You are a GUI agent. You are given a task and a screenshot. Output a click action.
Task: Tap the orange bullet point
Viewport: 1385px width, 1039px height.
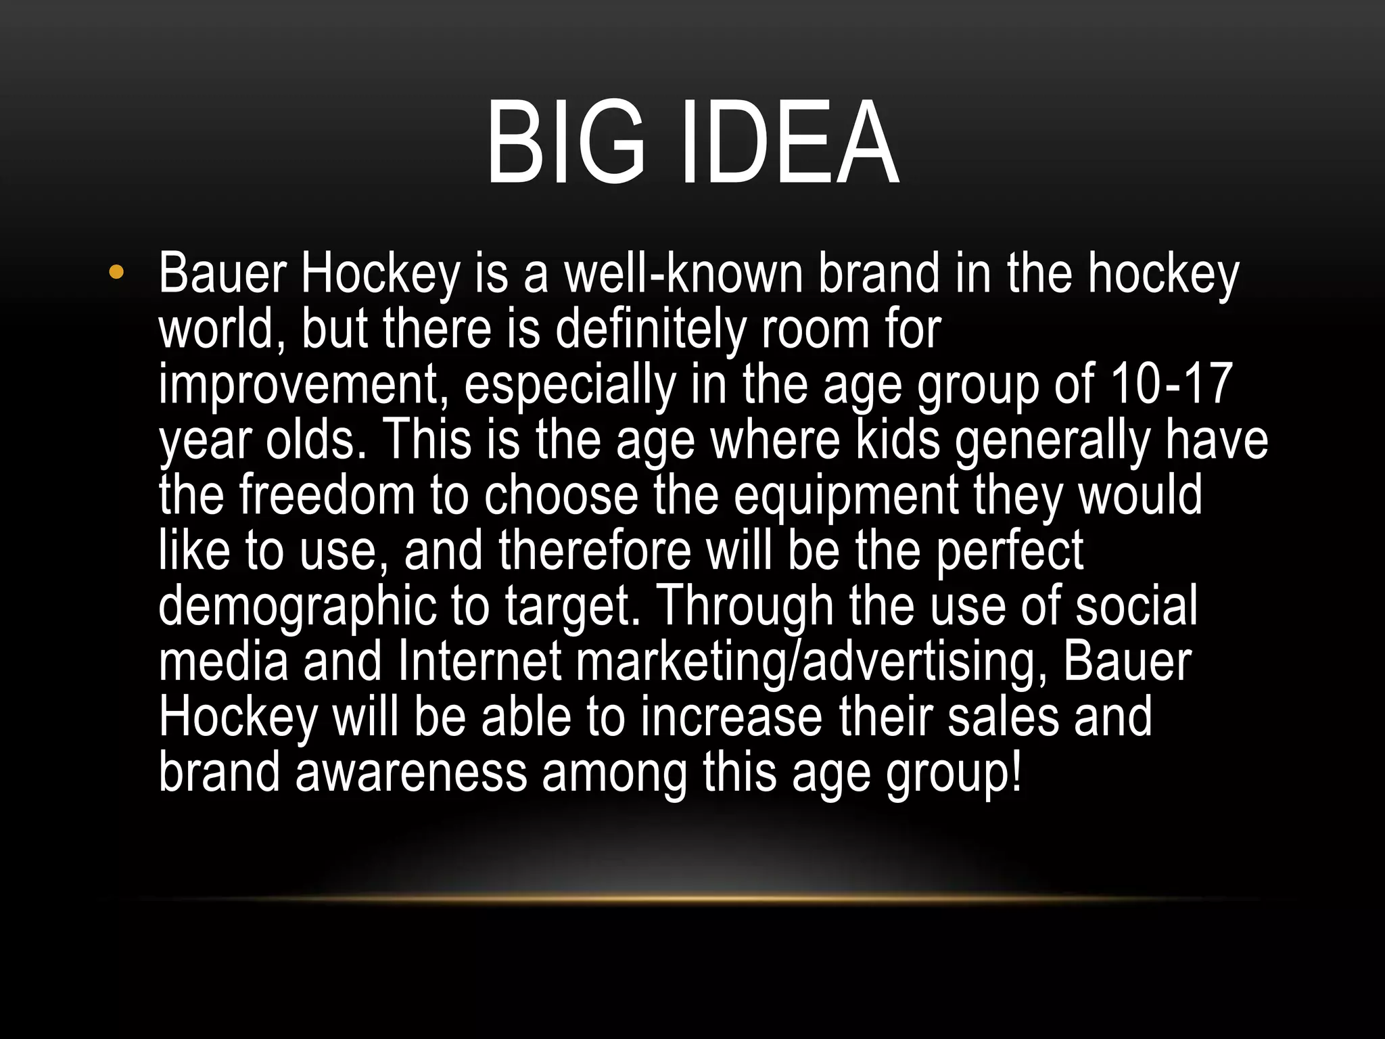116,273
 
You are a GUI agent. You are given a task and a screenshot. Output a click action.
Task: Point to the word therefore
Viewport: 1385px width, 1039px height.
595,551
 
